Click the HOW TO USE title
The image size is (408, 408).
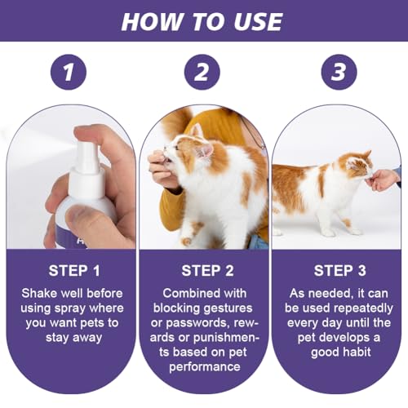[203, 20]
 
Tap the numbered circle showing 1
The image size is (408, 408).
[69, 73]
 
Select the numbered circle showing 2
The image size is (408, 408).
[203, 73]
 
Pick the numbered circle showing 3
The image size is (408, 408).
[338, 73]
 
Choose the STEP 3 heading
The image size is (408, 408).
[338, 271]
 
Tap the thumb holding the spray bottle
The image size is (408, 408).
[82, 219]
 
